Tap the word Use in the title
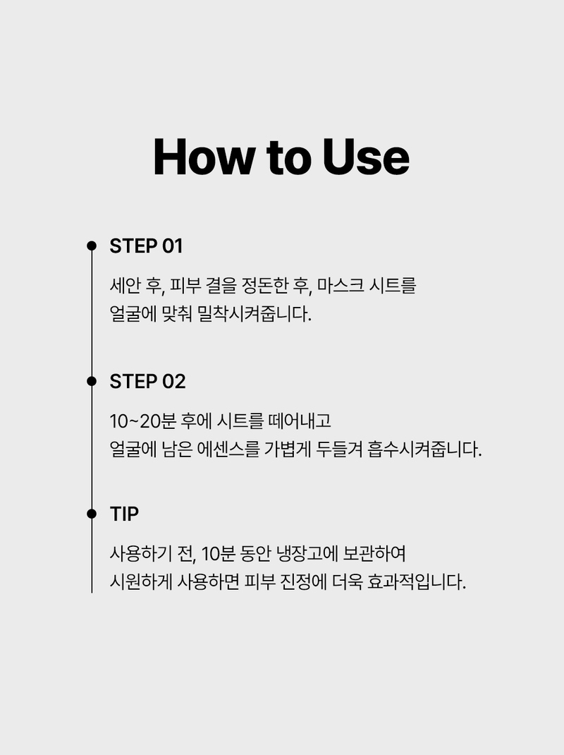tap(366, 157)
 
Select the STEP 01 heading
tap(147, 246)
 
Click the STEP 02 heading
tap(147, 381)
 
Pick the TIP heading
tap(124, 514)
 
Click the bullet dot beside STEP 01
tap(92, 246)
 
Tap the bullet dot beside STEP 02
tap(92, 381)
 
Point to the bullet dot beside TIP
tap(92, 514)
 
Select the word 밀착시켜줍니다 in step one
tap(254, 314)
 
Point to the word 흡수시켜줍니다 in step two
tap(424, 449)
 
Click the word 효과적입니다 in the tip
tap(416, 581)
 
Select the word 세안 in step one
tap(125, 286)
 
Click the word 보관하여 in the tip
tap(374, 554)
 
